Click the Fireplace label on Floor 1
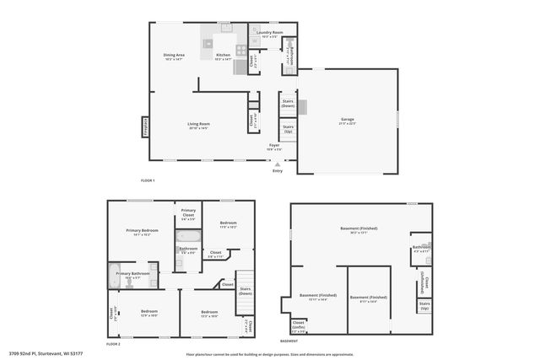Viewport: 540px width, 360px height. [145, 127]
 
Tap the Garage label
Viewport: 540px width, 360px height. [347, 121]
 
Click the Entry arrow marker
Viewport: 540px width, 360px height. [278, 164]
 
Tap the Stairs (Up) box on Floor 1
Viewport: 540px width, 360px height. [289, 130]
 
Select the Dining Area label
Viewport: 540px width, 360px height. [174, 57]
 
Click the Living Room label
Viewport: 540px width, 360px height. [198, 126]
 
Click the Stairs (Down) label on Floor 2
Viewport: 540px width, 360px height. [246, 291]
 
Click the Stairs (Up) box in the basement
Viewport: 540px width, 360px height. [425, 305]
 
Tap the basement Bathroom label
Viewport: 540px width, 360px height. [421, 249]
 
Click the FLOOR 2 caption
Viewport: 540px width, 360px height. [114, 344]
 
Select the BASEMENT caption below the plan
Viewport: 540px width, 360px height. [289, 341]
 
